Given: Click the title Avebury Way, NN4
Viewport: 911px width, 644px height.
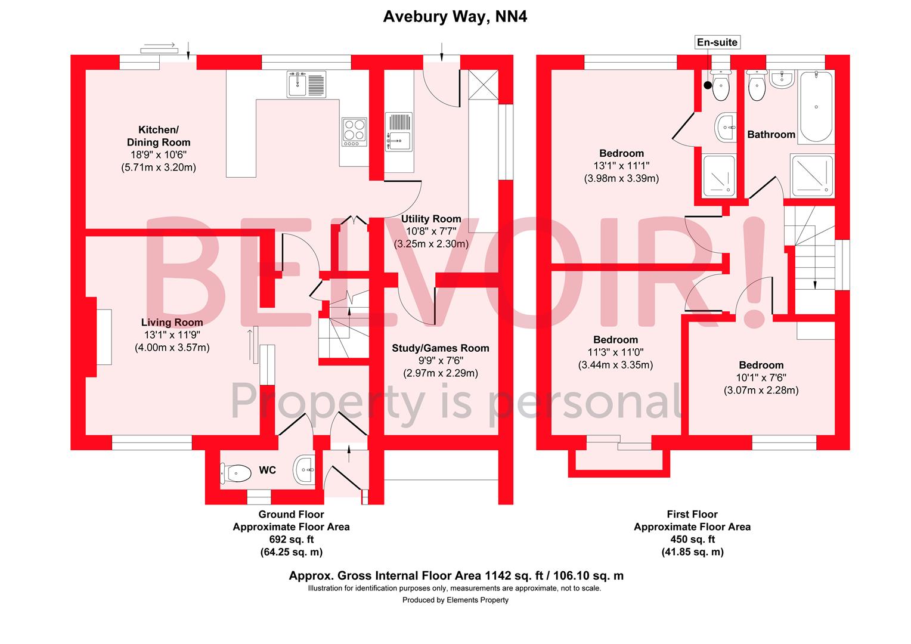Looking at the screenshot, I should pyautogui.click(x=455, y=17).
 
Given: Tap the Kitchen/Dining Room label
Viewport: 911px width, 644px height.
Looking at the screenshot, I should pyautogui.click(x=159, y=136).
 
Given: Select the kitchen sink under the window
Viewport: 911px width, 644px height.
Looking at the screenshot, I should pyautogui.click(x=306, y=83).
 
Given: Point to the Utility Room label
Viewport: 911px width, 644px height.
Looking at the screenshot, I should pyautogui.click(x=431, y=219).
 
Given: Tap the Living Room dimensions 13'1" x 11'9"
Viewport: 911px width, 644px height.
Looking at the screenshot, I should pyautogui.click(x=172, y=335).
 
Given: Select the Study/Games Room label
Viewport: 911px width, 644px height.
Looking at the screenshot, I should pyautogui.click(x=440, y=348).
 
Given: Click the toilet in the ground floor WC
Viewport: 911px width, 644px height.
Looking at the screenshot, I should pyautogui.click(x=236, y=473).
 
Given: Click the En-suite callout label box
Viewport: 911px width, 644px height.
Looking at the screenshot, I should pyautogui.click(x=717, y=42).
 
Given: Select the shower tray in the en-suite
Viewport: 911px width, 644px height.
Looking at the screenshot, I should pyautogui.click(x=719, y=175).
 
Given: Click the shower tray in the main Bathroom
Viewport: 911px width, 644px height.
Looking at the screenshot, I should pyautogui.click(x=813, y=175).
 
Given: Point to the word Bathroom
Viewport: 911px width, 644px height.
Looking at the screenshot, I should pyautogui.click(x=771, y=135).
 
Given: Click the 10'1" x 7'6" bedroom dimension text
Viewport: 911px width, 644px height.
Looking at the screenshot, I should pyautogui.click(x=761, y=378).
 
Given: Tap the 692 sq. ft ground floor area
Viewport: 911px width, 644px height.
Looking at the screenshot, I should pyautogui.click(x=291, y=540).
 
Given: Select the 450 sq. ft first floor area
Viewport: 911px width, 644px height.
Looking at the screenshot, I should pyautogui.click(x=692, y=540).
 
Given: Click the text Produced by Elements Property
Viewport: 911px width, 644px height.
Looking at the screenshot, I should pyautogui.click(x=456, y=600).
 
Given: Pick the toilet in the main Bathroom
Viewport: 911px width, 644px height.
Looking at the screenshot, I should pyautogui.click(x=756, y=86).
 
